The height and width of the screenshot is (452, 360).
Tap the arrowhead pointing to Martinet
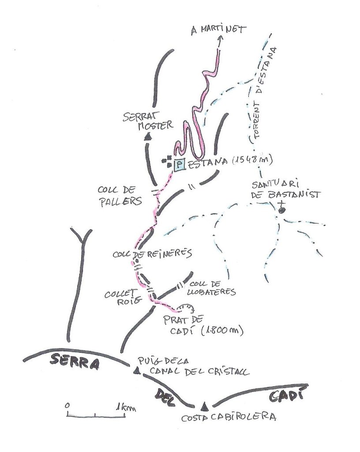220,39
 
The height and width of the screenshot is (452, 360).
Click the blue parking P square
179,165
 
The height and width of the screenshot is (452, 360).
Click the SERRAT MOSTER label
148,121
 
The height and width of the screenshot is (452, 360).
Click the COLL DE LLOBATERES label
213,287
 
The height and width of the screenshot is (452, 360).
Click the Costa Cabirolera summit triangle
204,406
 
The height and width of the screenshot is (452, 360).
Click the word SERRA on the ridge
71,360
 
